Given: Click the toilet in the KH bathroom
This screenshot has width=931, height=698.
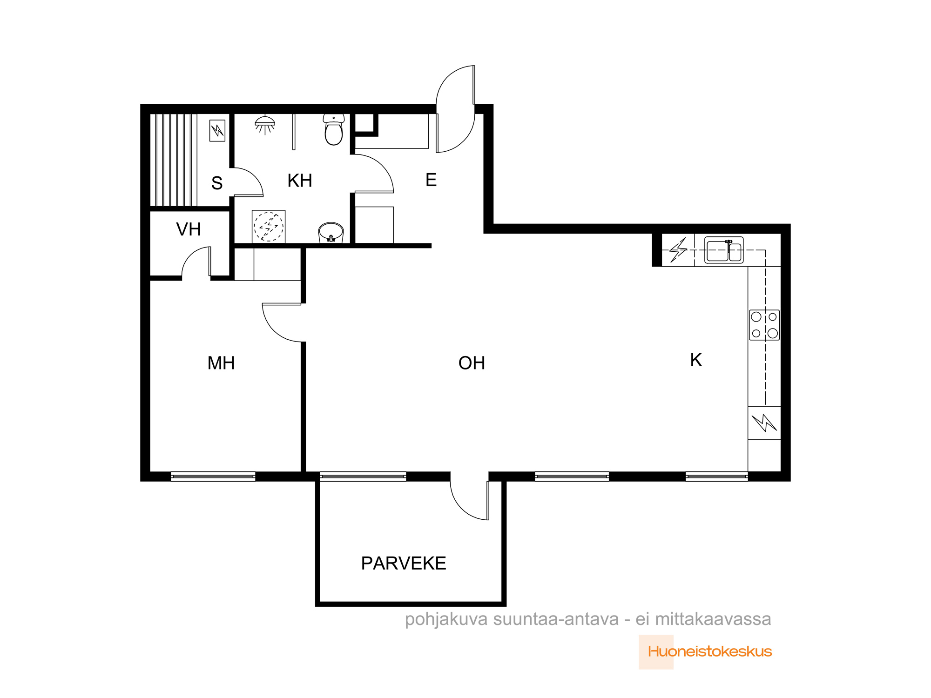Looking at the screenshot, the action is click(x=334, y=130).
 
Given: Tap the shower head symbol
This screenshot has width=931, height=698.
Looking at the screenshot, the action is click(x=265, y=125).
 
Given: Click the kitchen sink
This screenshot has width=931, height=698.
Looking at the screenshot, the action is click(x=724, y=250).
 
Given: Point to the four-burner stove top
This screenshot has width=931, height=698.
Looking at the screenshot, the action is click(x=764, y=325).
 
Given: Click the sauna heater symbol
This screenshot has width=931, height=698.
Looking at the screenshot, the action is click(x=217, y=130).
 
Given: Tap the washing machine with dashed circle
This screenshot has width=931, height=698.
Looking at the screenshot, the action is click(x=269, y=227).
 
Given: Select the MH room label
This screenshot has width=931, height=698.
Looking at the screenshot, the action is click(x=221, y=363).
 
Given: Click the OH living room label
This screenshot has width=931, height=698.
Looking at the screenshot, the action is click(x=472, y=363).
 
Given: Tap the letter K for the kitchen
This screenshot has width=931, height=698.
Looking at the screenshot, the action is click(x=696, y=360).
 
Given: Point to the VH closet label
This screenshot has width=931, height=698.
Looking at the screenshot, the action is click(x=189, y=229).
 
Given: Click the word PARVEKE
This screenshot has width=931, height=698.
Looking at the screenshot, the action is click(x=404, y=563).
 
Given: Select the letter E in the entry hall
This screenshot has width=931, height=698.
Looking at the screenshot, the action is click(x=431, y=180).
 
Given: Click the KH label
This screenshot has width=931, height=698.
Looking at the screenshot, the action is click(x=300, y=181).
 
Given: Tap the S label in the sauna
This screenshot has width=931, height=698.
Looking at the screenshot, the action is click(x=217, y=183).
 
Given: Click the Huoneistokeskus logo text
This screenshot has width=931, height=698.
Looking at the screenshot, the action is click(x=710, y=651).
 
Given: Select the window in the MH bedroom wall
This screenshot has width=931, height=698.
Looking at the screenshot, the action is click(x=213, y=476).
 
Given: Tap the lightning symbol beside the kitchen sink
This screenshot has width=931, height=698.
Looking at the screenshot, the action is click(x=678, y=250).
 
